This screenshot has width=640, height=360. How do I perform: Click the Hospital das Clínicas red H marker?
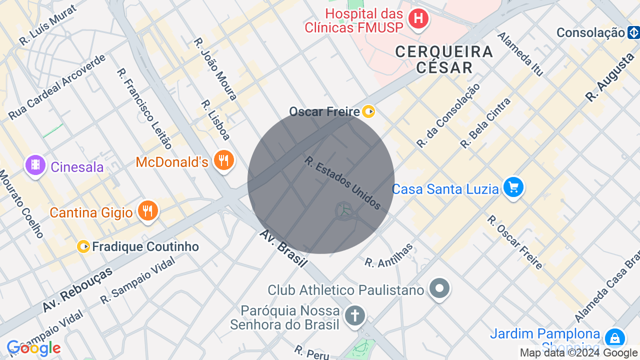(418, 19)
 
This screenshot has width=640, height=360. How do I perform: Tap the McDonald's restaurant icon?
(224, 160)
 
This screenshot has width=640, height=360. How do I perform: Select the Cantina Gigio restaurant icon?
(147, 211)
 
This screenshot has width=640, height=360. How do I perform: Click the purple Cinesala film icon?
(35, 165)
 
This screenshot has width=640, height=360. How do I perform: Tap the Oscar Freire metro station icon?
(368, 111)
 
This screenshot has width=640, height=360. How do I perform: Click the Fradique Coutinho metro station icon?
(83, 246)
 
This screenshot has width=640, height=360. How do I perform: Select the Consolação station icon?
(633, 33)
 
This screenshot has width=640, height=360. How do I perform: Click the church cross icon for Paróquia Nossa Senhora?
(355, 315)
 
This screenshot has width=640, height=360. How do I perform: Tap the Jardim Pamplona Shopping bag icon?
(614, 338)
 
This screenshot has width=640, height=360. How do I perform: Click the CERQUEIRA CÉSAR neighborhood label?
(444, 59)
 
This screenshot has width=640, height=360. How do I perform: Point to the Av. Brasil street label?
(283, 249)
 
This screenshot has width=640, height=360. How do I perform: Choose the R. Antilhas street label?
(389, 255)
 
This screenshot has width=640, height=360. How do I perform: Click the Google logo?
(33, 348)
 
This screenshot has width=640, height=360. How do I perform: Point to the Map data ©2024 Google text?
(579, 353)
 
